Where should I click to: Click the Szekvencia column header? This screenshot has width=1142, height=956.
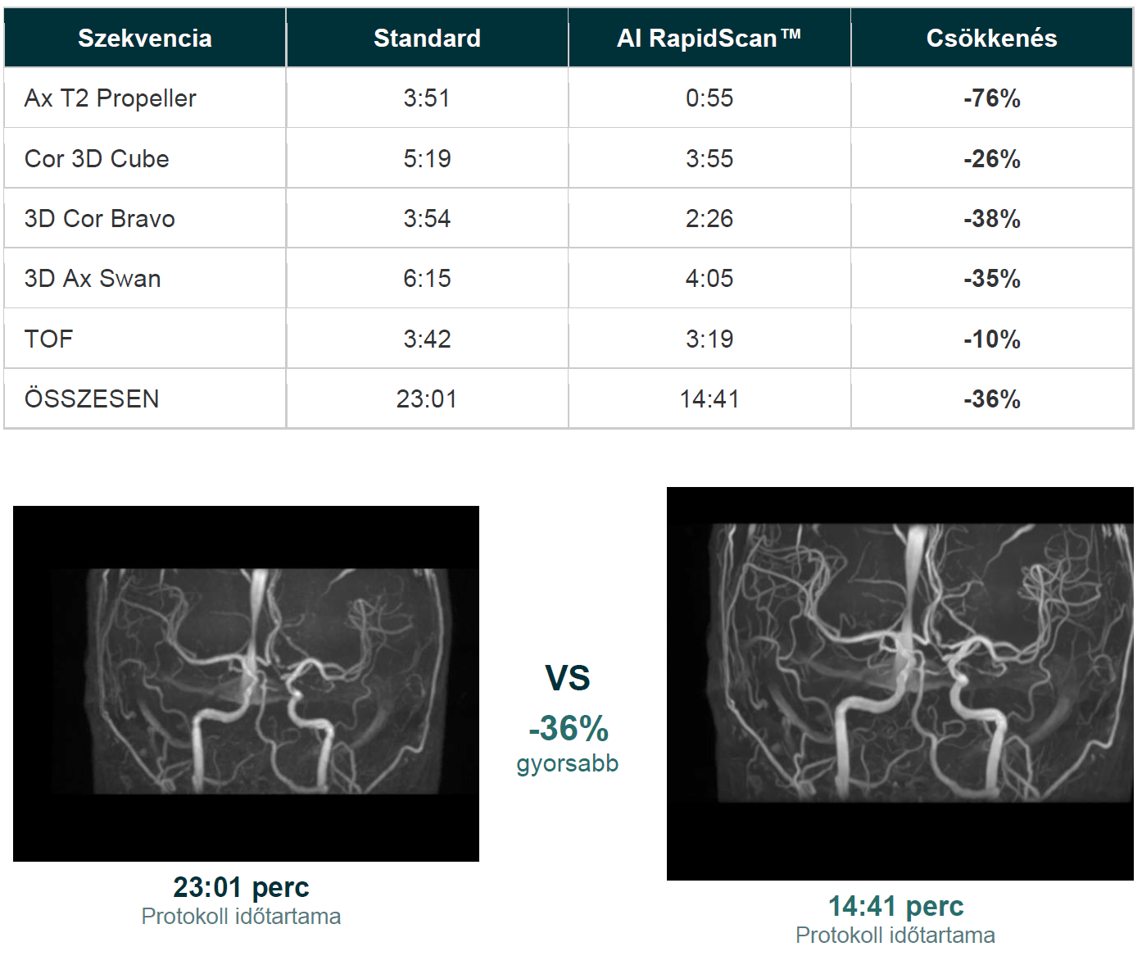tap(144, 39)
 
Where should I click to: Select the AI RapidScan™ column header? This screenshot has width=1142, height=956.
tap(709, 39)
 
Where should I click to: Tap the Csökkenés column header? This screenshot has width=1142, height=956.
tap(991, 39)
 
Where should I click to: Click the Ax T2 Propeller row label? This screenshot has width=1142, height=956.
tap(110, 98)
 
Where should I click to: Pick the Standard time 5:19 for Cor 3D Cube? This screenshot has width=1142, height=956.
tap(427, 159)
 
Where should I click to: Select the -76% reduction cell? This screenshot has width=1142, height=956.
tap(991, 98)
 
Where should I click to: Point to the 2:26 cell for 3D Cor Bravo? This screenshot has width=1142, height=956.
tap(709, 218)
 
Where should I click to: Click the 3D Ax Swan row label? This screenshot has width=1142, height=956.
tap(93, 279)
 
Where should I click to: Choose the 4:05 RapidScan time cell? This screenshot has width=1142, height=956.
tap(709, 279)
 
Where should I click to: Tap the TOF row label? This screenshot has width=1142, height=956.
tap(48, 339)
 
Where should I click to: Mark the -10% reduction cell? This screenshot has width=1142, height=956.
tap(991, 339)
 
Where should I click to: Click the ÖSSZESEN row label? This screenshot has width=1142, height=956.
tap(91, 398)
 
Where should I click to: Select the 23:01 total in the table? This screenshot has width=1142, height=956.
tap(427, 399)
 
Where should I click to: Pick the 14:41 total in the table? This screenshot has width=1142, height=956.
tap(709, 399)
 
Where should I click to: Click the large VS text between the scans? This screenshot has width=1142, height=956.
tap(568, 678)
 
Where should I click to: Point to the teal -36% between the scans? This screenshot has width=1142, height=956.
tap(569, 728)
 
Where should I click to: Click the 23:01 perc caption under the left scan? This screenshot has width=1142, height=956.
tap(241, 888)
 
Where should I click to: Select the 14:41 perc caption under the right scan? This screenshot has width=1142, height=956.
tap(895, 906)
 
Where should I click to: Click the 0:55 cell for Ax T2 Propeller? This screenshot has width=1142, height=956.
tap(709, 98)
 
